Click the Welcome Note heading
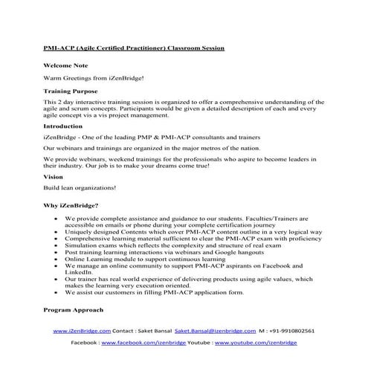point(65,65)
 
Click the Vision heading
point(53,177)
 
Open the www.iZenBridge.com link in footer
point(82,331)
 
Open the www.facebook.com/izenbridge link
point(142,343)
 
